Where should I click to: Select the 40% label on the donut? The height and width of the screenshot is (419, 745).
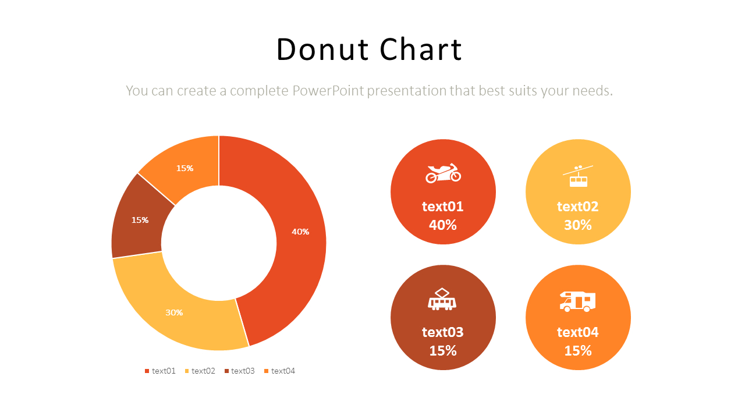(300, 232)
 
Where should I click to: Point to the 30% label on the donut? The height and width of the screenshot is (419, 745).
(174, 313)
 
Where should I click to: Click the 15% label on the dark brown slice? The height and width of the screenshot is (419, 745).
(140, 220)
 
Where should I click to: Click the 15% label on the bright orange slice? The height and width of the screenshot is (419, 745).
(185, 168)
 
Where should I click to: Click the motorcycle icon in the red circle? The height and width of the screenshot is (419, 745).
(443, 173)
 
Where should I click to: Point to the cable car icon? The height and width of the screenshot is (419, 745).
(578, 176)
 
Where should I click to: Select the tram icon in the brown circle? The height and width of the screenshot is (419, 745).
(442, 299)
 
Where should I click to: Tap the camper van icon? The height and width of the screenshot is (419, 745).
(577, 301)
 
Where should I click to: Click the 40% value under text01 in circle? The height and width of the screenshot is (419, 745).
(443, 225)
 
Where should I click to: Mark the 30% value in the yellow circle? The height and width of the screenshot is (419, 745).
(578, 225)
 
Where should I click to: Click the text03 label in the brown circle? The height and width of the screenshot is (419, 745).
(443, 332)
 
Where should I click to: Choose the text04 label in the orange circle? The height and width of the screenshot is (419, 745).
(578, 332)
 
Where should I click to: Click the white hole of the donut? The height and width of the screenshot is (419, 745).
(219, 243)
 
